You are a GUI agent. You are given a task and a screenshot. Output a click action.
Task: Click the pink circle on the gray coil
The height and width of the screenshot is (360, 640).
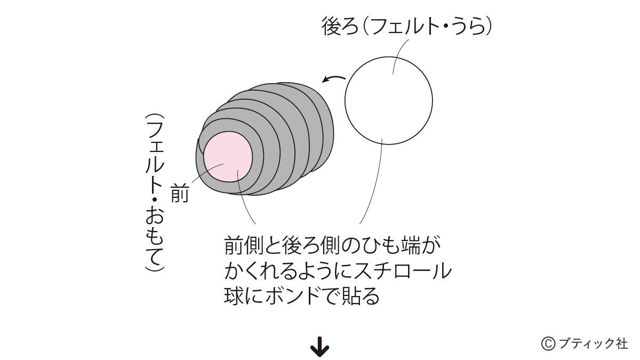228,157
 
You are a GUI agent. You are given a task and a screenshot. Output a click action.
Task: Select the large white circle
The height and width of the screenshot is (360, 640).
389,101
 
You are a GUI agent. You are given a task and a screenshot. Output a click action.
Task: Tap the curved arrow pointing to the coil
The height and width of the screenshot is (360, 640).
334,78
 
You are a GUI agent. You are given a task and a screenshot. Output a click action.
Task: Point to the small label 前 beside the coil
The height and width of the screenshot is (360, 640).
180,193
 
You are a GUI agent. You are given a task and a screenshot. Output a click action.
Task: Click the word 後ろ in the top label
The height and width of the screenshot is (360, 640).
340,26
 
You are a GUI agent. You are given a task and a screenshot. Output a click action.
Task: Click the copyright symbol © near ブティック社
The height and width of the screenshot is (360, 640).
548,343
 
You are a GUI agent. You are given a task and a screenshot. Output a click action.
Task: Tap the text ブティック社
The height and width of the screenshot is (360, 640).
593,343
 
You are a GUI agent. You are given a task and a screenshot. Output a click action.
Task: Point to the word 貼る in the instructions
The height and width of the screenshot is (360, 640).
361,296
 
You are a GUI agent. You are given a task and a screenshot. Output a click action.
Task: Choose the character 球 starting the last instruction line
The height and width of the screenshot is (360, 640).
234,296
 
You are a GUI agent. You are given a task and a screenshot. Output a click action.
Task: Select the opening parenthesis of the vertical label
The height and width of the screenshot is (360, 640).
154,117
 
